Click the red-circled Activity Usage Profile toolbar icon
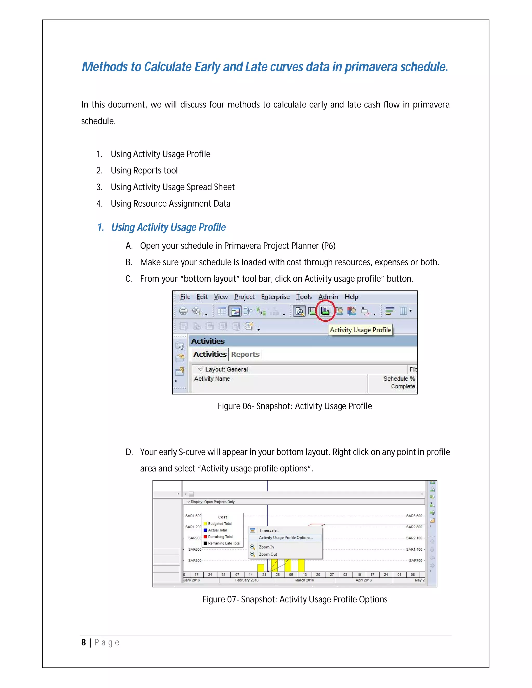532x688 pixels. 325,311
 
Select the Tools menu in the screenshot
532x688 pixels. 303,297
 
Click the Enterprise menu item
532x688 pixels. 275,297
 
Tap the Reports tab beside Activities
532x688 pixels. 245,354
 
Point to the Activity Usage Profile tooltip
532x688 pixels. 360,330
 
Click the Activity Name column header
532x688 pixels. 212,379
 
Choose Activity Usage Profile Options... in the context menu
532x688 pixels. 286,538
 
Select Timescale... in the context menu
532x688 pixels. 269,530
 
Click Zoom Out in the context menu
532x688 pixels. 268,554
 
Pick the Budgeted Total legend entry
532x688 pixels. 220,524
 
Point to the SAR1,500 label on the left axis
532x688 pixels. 193,516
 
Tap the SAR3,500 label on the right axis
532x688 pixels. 414,516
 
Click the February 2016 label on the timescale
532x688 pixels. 247,580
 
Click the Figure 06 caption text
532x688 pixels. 295,406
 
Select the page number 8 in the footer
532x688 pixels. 84,642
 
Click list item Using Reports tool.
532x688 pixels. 145,170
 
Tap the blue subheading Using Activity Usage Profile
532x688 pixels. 168,227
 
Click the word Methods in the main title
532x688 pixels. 105,67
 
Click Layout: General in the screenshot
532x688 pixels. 226,369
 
